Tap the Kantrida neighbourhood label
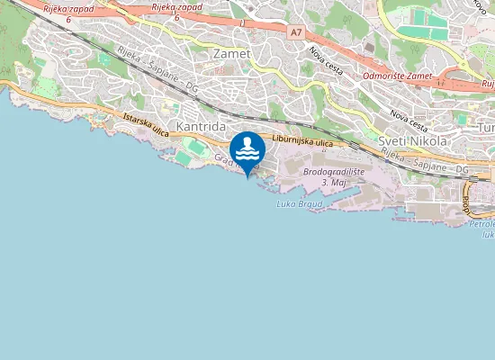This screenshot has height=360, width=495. point(201,128)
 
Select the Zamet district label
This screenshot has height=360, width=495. point(231,54)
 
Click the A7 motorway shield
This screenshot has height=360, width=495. point(296,31)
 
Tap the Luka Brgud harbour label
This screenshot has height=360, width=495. point(300,203)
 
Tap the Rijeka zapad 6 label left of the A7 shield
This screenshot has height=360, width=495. point(175,12)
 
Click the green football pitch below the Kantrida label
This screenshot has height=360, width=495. point(184,157)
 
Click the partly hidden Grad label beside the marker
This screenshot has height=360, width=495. point(223,159)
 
